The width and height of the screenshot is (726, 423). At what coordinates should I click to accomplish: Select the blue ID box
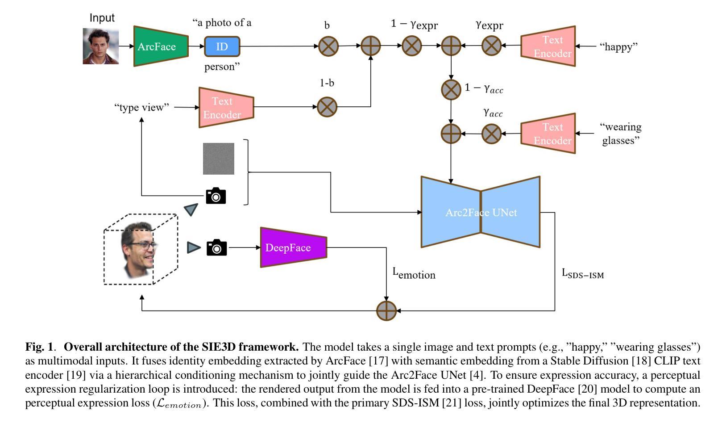[222, 46]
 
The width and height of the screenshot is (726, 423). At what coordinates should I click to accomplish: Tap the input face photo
[101, 46]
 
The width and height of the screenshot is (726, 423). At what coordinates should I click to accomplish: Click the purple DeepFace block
[293, 247]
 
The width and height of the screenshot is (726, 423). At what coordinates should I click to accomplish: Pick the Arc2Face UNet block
[481, 212]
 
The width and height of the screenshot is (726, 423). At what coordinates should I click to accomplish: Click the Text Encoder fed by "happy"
[548, 46]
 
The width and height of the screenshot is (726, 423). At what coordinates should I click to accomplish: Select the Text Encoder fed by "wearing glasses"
[548, 134]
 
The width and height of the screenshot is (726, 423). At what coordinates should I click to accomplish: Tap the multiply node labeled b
[328, 46]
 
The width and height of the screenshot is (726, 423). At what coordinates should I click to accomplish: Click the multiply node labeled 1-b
[327, 107]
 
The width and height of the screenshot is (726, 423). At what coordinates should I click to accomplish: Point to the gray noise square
[219, 159]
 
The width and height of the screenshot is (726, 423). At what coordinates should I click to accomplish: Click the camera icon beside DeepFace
[216, 247]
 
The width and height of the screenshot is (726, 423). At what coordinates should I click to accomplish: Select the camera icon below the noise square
[216, 196]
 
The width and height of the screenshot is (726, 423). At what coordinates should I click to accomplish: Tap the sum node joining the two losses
[386, 311]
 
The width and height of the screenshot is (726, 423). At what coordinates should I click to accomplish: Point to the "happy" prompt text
[618, 46]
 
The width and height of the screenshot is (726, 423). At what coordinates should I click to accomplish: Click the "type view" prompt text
[142, 107]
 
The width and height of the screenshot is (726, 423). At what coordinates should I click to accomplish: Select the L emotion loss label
[414, 273]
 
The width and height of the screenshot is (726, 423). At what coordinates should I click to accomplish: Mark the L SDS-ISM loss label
[582, 273]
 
